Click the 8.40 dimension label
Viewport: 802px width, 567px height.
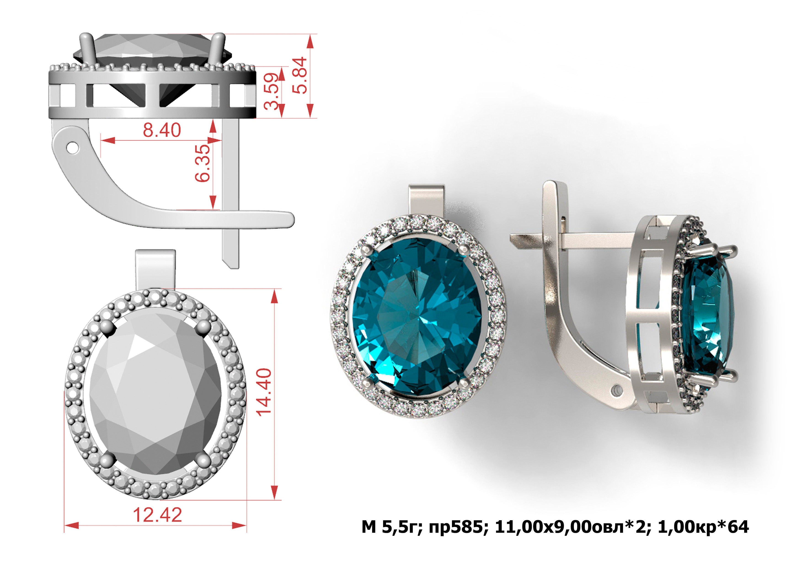(x=162, y=130)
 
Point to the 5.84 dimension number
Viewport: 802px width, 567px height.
(x=300, y=75)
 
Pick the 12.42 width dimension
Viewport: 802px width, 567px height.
(x=158, y=515)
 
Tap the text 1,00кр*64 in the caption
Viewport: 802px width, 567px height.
(x=703, y=527)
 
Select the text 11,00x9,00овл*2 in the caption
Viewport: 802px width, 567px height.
(x=573, y=527)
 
